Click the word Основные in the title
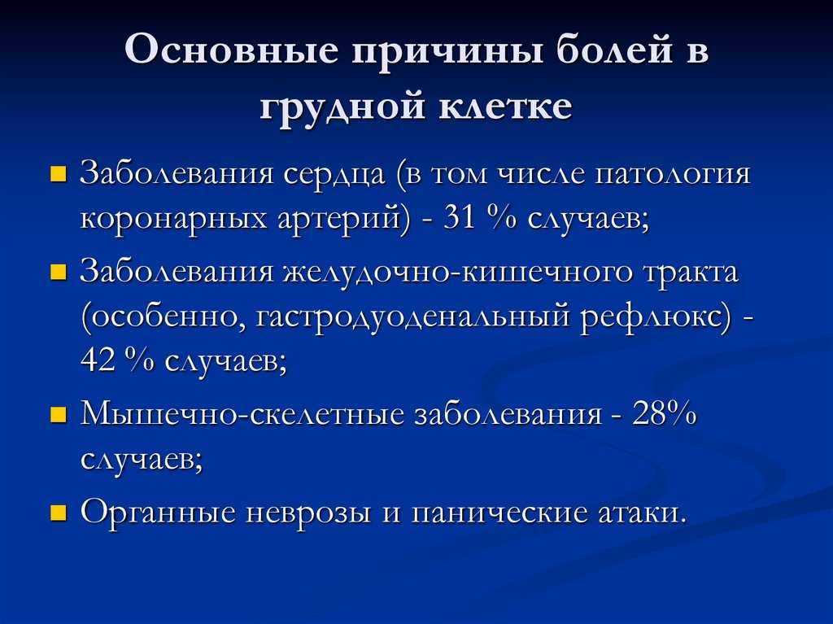(x=232, y=50)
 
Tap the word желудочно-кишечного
(x=458, y=272)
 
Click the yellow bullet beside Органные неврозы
(x=58, y=513)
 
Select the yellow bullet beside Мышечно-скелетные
(x=58, y=415)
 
